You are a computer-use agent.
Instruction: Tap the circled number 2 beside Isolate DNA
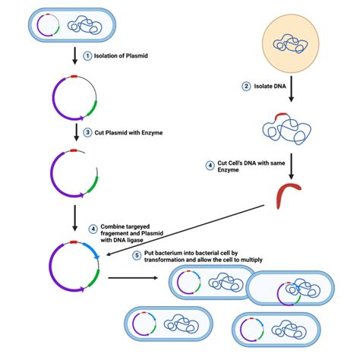point(246,87)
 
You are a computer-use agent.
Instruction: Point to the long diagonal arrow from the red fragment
point(182,232)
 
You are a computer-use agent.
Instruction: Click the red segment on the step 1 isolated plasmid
point(71,77)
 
